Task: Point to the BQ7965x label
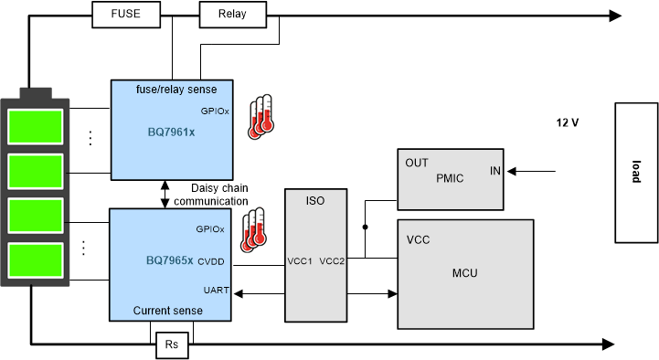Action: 169,260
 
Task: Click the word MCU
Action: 465,272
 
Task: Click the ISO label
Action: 316,199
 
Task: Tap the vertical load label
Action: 635,173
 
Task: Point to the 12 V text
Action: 568,122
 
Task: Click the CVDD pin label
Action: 210,261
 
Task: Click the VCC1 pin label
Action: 300,261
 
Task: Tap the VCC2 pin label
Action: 333,261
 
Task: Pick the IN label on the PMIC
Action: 494,171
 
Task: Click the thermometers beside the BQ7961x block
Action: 261,117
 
